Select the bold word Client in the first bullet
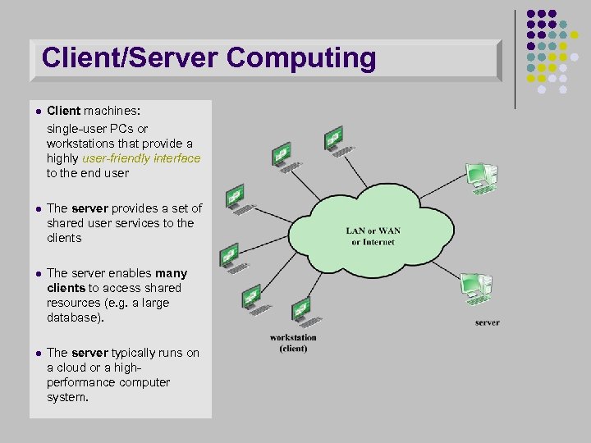[x=63, y=111]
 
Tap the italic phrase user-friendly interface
[x=141, y=158]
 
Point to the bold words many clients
[x=117, y=281]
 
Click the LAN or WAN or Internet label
[x=373, y=236]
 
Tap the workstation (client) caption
[x=293, y=343]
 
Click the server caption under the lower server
[x=487, y=322]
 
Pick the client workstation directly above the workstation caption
[x=301, y=313]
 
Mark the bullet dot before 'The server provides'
[x=38, y=209]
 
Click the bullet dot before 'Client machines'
[x=38, y=111]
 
